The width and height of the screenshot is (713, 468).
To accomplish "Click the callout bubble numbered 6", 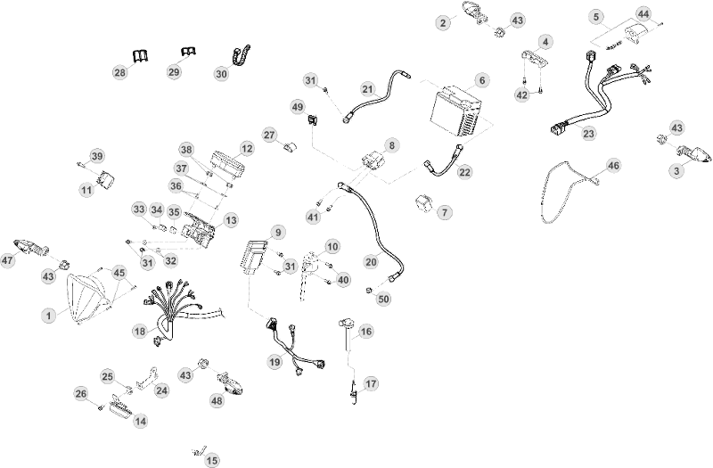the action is pos(481,80).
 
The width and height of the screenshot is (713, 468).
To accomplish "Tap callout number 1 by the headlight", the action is pos(49,316).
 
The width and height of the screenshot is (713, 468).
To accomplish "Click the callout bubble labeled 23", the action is pos(588,134).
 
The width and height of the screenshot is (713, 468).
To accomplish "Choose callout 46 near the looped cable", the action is pos(613,166).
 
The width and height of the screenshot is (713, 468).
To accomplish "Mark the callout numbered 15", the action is pos(212,460).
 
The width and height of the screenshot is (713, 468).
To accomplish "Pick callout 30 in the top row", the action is pos(221,74).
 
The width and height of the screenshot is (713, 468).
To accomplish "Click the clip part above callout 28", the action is pos(142,56).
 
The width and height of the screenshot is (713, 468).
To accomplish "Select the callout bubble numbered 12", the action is pos(247,149).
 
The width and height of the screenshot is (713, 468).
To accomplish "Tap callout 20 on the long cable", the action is pos(372,262).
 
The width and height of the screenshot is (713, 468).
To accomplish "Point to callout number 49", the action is pos(298,107).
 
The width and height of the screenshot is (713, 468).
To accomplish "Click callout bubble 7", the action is pos(444,212).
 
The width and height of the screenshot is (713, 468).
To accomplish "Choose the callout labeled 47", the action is pos(8,260).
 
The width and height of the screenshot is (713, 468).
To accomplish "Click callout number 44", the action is pos(643,13).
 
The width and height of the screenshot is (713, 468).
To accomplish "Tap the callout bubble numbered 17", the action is pos(371,384).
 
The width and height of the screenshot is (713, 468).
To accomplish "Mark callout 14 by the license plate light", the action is pos(141,422).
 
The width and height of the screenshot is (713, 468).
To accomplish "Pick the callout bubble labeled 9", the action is pos(278,233).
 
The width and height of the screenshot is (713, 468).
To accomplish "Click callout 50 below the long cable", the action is pos(384,299).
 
